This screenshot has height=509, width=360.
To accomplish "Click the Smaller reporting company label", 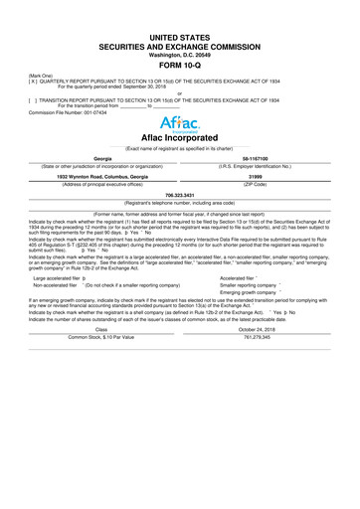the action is pyautogui.click(x=248, y=342).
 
